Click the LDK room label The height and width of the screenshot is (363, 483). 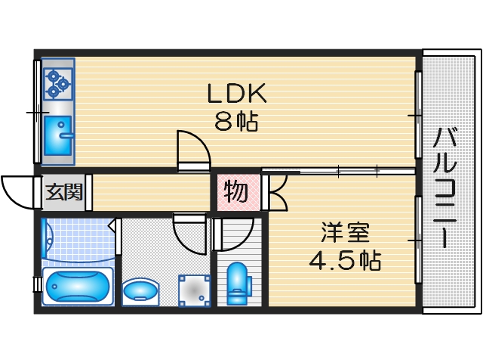click(x=236, y=93)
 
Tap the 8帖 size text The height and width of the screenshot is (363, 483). click(x=236, y=121)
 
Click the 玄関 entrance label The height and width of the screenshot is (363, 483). click(x=63, y=192)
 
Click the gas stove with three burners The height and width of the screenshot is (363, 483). click(x=57, y=83)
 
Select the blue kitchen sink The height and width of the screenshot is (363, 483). click(x=57, y=134)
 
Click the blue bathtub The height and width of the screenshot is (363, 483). click(x=76, y=287)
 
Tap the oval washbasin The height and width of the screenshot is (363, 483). click(x=141, y=290)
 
